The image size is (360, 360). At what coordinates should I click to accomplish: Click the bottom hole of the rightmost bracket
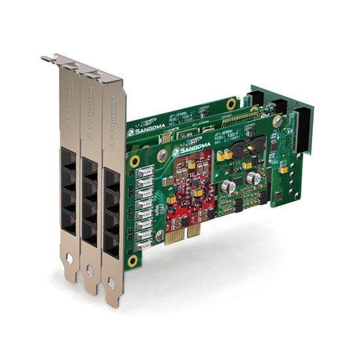(112, 283)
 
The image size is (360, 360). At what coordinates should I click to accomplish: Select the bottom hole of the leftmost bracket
(69, 260)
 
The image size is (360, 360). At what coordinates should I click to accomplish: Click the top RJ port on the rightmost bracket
(112, 182)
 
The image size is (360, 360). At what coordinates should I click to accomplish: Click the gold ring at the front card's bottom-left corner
(133, 261)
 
